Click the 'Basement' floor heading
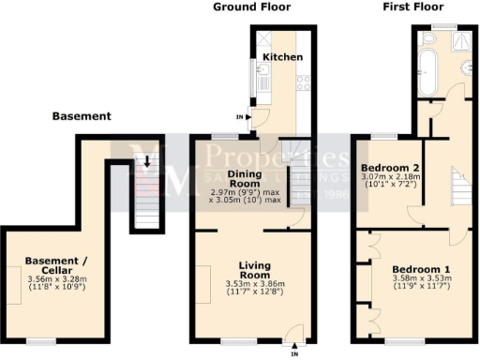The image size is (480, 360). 82,116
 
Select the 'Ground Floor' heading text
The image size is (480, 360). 251,7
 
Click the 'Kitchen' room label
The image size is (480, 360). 282,57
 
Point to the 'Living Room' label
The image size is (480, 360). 254,271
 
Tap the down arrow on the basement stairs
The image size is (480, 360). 146,163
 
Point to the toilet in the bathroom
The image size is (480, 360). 427,40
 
